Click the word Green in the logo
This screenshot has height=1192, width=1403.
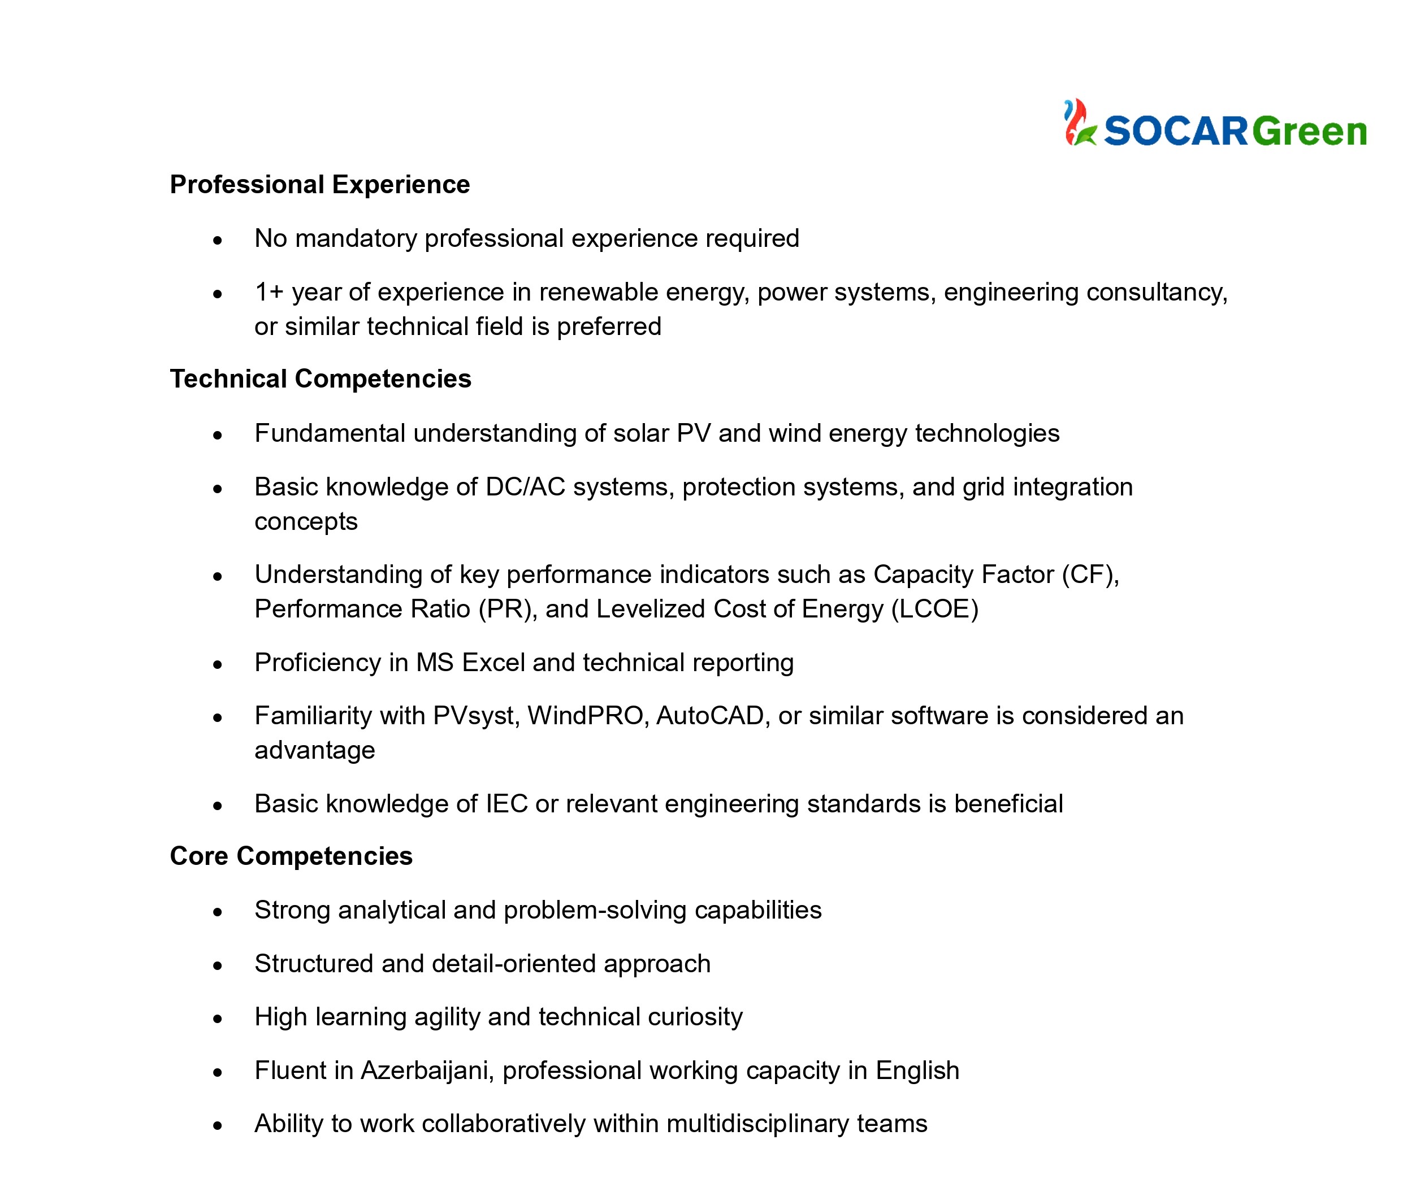(1309, 131)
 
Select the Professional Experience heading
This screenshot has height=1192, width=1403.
(319, 185)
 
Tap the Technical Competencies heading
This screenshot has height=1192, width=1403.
(320, 379)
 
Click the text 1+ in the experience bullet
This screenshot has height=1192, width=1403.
(269, 293)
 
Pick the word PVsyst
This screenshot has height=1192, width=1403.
(476, 716)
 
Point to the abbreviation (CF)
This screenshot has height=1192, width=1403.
(1090, 575)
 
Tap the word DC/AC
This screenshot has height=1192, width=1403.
(525, 487)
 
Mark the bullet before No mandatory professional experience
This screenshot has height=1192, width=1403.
(217, 241)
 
